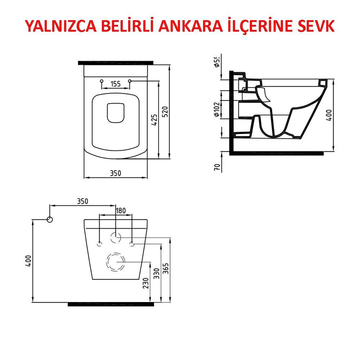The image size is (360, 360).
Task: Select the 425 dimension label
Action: point(154,120)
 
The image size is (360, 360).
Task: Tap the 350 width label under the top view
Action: point(115,173)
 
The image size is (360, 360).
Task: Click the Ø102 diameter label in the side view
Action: point(217,109)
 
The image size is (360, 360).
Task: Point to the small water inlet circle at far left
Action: point(49,219)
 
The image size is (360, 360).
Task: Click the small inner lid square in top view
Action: point(116,112)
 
